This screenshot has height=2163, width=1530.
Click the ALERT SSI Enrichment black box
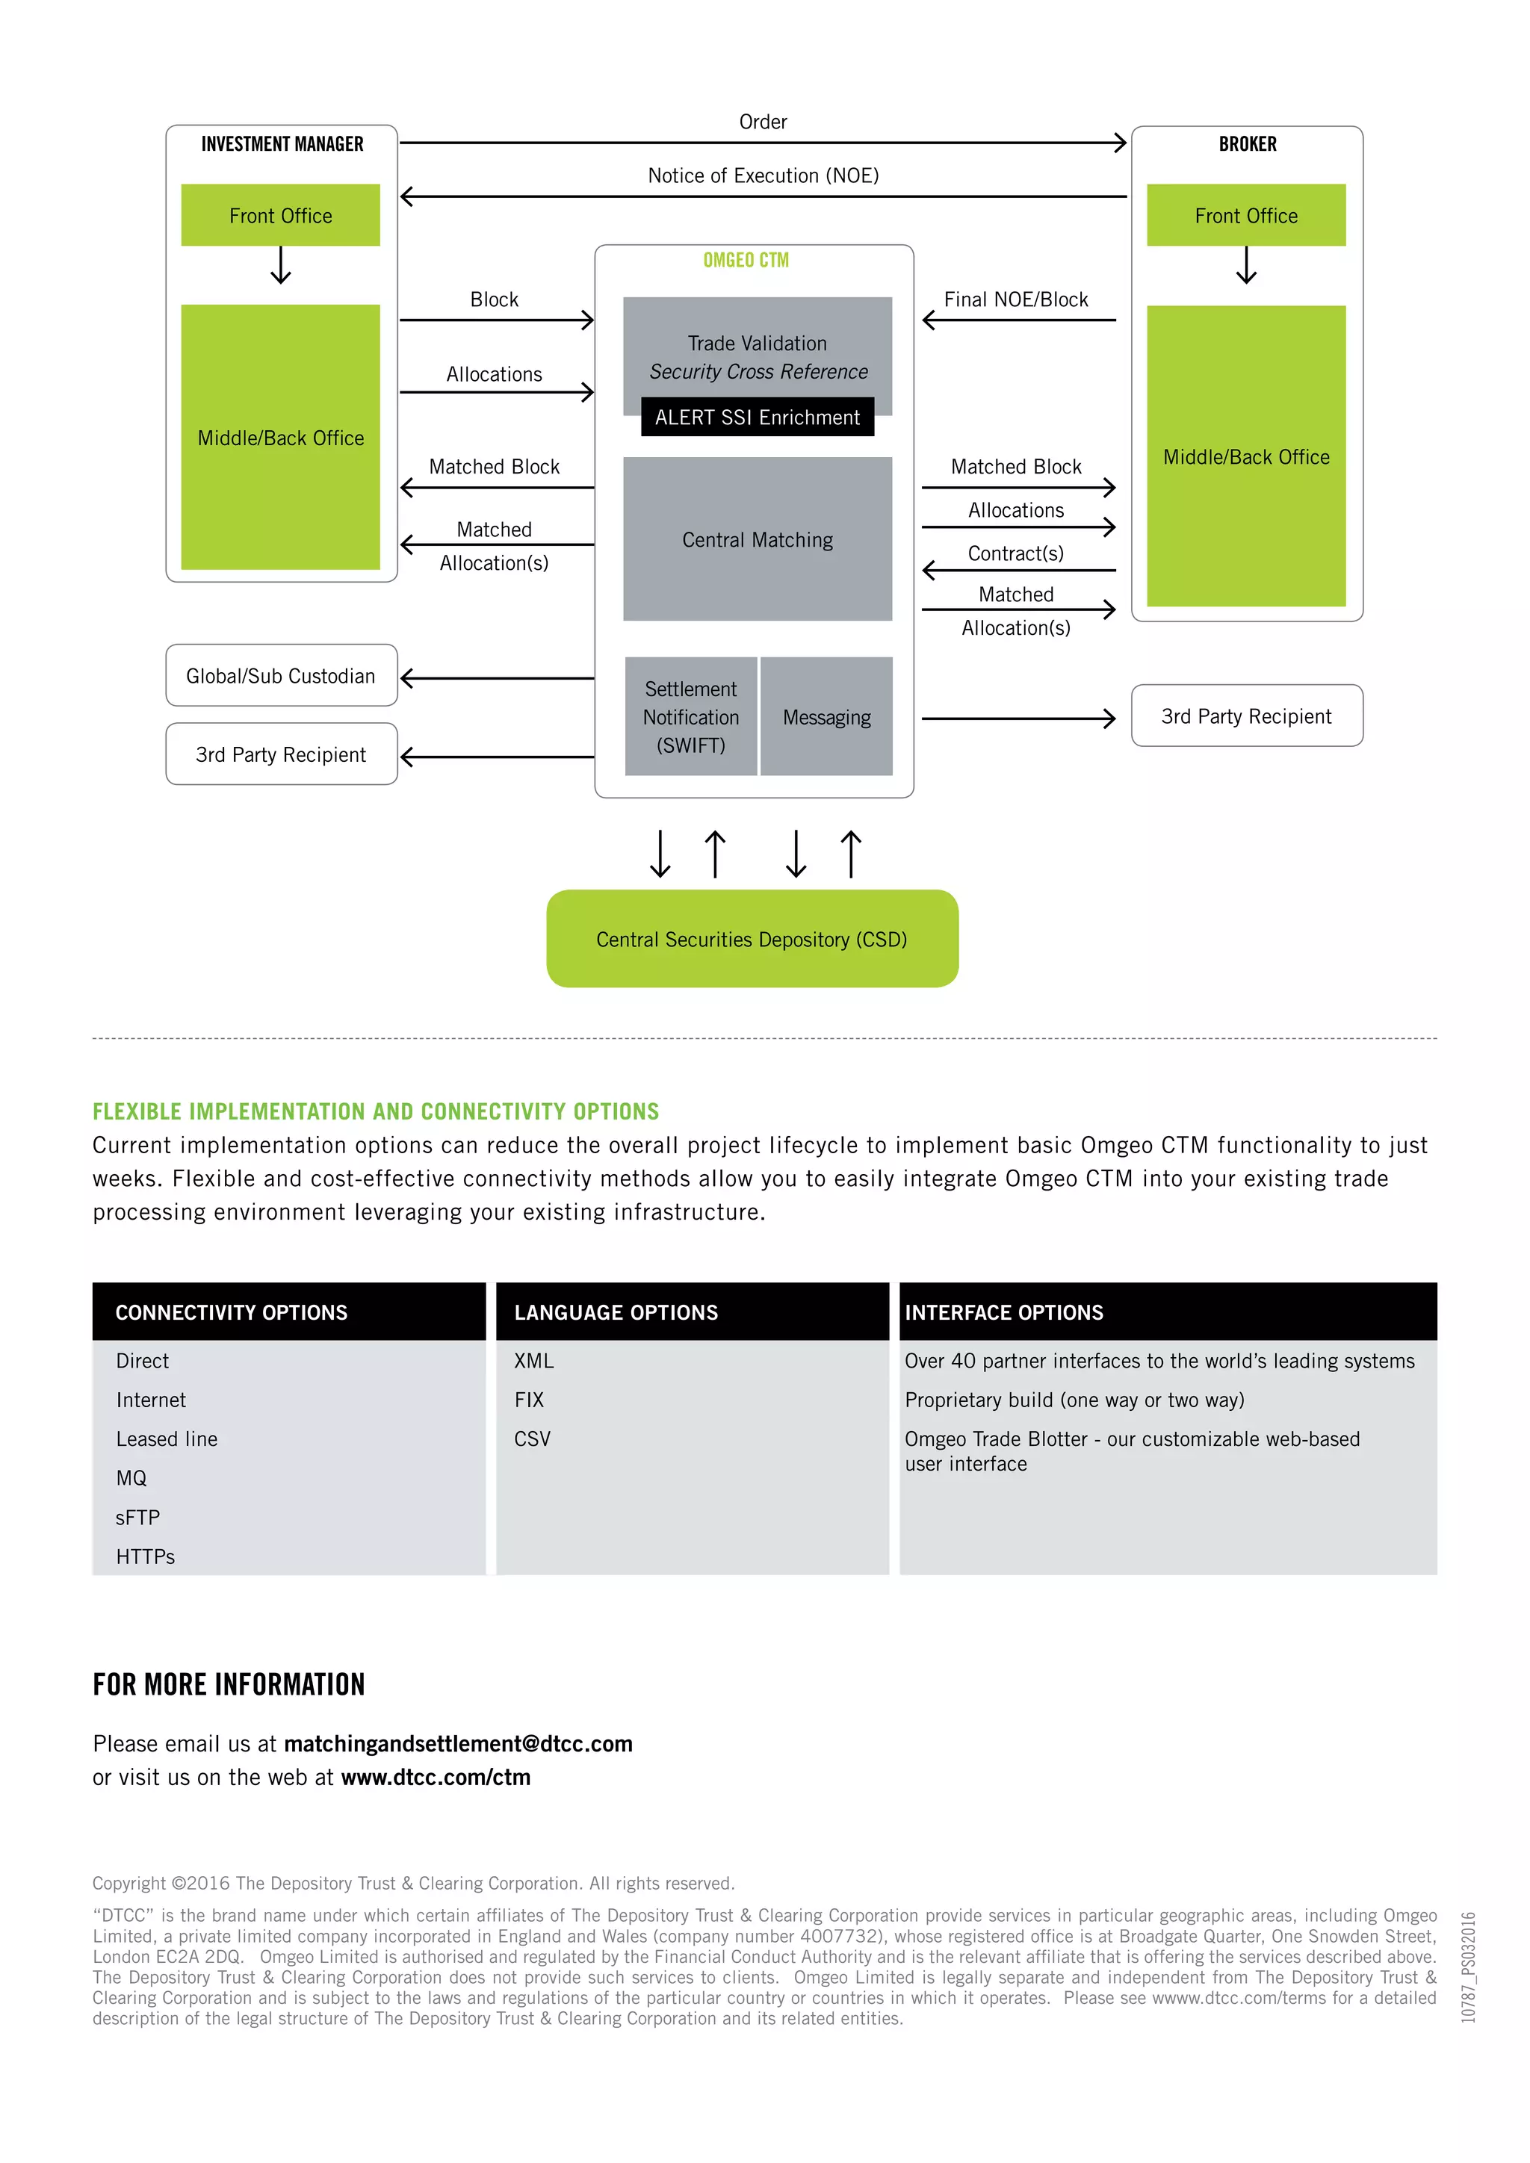coord(757,418)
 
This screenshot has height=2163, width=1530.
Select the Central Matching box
coord(757,540)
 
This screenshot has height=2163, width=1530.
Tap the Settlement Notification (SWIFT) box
coord(690,717)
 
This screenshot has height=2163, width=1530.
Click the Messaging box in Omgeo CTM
coord(826,717)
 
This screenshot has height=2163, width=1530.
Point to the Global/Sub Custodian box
coord(281,675)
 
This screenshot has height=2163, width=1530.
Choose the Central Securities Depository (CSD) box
coord(752,940)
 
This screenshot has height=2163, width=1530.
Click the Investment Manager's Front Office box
coord(281,216)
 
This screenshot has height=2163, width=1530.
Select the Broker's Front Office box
coord(1245,216)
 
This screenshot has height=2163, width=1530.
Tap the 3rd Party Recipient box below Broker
coord(1245,716)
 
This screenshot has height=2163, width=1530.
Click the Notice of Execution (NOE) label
coord(763,176)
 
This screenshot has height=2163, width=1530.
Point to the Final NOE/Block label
coord(1015,300)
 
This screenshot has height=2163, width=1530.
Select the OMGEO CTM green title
coord(746,260)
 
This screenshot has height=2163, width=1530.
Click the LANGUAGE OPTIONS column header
coord(616,1312)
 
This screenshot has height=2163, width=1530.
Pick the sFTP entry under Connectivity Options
coord(137,1518)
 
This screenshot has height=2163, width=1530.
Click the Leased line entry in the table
coord(167,1439)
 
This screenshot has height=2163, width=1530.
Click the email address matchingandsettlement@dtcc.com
coord(458,1744)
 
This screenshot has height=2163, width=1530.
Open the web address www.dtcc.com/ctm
coord(436,1778)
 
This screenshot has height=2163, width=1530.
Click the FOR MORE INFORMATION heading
coord(229,1684)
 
